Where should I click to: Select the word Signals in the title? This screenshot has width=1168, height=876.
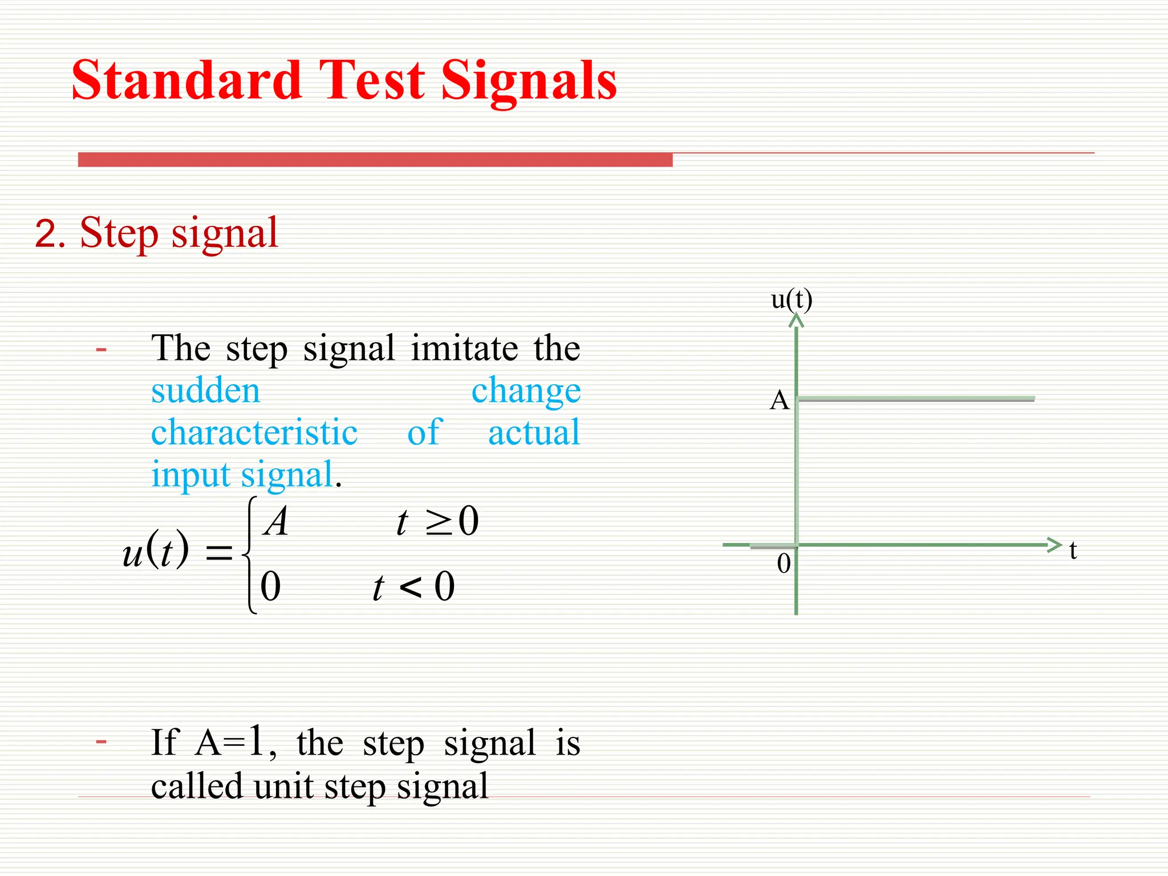(x=529, y=83)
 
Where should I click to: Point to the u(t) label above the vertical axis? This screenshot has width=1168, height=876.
(x=792, y=299)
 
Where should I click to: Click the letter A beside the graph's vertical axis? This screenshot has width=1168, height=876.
(x=780, y=401)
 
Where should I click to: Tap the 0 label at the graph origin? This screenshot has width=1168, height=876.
(x=784, y=564)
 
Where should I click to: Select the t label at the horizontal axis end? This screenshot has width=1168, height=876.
(x=1073, y=551)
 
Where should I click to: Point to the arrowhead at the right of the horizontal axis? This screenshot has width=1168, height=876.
(x=1055, y=545)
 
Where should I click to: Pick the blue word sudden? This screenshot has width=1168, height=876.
(x=206, y=391)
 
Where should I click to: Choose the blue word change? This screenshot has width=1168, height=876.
(x=526, y=391)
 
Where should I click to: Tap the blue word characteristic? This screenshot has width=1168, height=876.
(x=254, y=433)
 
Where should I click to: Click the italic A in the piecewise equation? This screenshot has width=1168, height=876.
(x=277, y=522)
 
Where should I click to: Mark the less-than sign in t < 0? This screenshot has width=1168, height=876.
(x=411, y=587)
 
